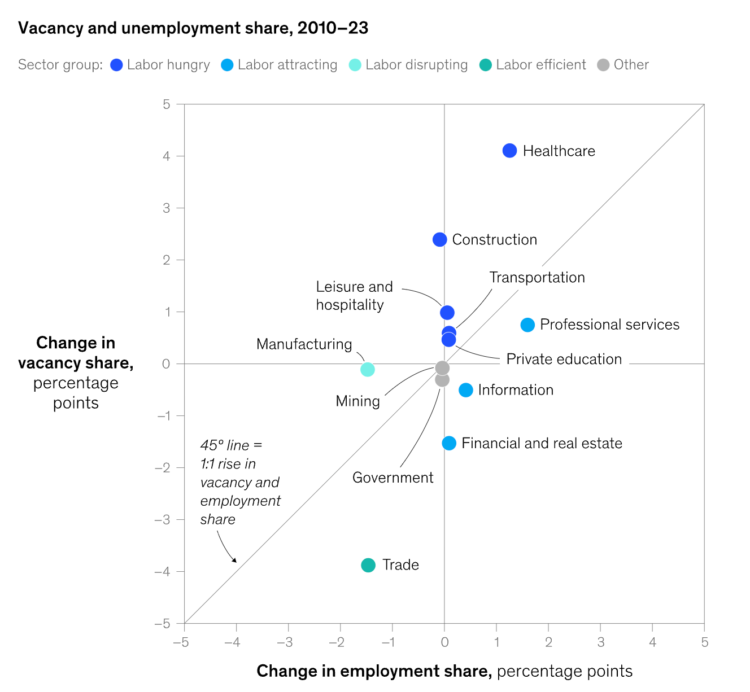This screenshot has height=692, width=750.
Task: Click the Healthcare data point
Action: (509, 151)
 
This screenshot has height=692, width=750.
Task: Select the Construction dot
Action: (439, 239)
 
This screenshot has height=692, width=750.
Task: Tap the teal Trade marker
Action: (368, 565)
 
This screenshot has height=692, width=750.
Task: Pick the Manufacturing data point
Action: (368, 370)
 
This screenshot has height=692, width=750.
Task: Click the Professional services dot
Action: (527, 325)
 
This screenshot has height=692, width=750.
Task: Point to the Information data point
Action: (466, 390)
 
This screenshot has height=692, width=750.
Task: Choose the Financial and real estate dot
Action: (449, 443)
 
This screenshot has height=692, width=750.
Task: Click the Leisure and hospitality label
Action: (354, 296)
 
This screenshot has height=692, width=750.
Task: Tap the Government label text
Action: (393, 478)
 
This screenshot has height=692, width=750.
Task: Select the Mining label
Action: (357, 401)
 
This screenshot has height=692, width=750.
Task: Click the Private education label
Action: (564, 359)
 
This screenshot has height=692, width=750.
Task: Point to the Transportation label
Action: (537, 277)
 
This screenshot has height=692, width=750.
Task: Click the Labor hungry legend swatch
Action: (117, 65)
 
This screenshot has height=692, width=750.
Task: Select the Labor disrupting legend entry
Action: (416, 65)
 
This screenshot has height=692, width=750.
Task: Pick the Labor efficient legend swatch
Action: (485, 65)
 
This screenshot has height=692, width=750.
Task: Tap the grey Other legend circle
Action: (604, 65)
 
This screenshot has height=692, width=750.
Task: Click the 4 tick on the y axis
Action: (167, 156)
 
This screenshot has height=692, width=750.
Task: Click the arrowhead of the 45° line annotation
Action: (236, 561)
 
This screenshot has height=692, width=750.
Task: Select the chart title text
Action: (193, 28)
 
